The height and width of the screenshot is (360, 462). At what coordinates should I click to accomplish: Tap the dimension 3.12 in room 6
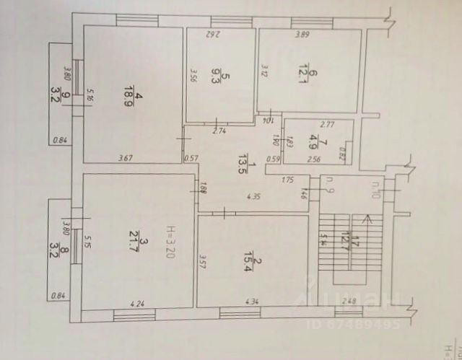click(x=264, y=69)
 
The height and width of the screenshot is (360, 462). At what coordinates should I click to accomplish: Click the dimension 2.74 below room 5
click(x=220, y=131)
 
